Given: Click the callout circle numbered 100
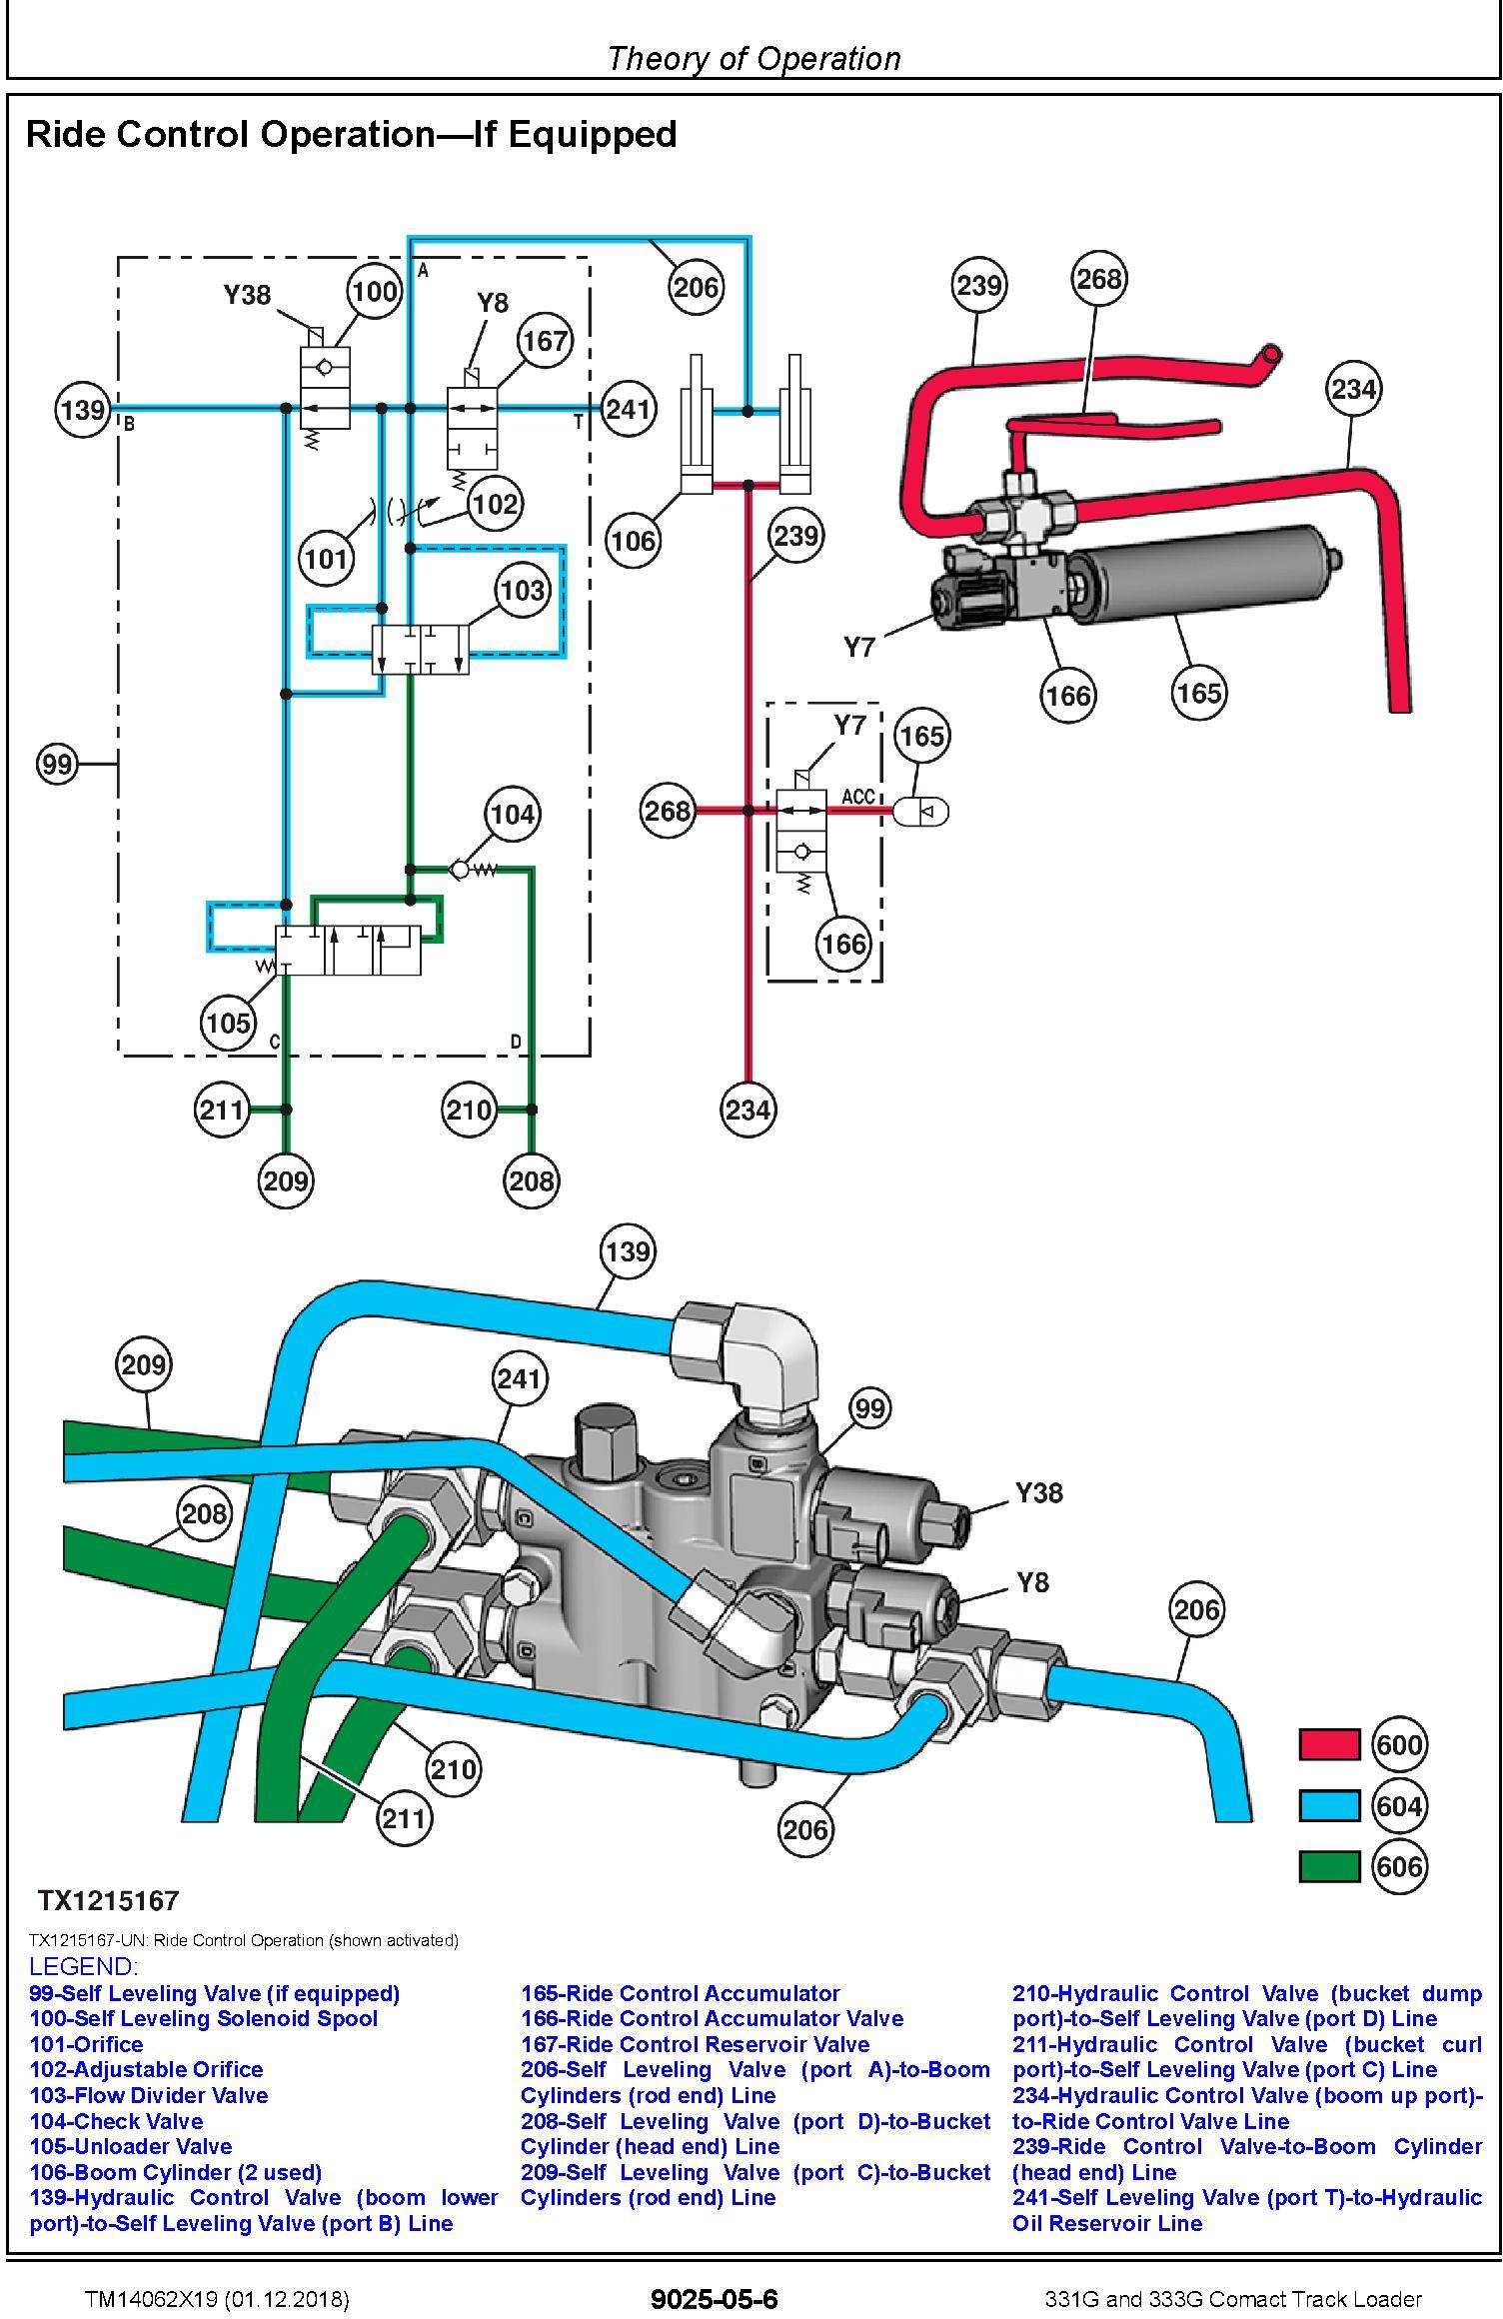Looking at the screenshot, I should [374, 291].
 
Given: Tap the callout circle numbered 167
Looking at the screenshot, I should [545, 341].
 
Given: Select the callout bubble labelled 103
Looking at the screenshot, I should [522, 590].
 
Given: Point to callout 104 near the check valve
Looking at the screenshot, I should [512, 814].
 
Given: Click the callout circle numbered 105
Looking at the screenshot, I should [228, 1023].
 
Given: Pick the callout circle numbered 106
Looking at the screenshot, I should [634, 541].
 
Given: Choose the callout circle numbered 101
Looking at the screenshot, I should [327, 558].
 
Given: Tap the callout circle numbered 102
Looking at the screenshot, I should [496, 503].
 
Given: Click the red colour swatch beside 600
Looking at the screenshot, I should [1329, 1745].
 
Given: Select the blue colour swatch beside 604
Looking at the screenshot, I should [1329, 1806].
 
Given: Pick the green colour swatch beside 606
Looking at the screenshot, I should [1329, 1866].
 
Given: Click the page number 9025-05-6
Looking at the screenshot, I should [714, 2299].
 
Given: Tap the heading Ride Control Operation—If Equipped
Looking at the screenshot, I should [351, 134].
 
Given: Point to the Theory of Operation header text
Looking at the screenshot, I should [753, 58].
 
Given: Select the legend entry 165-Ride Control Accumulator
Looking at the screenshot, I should [680, 1993].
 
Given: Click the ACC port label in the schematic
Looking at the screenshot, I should [858, 797].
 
